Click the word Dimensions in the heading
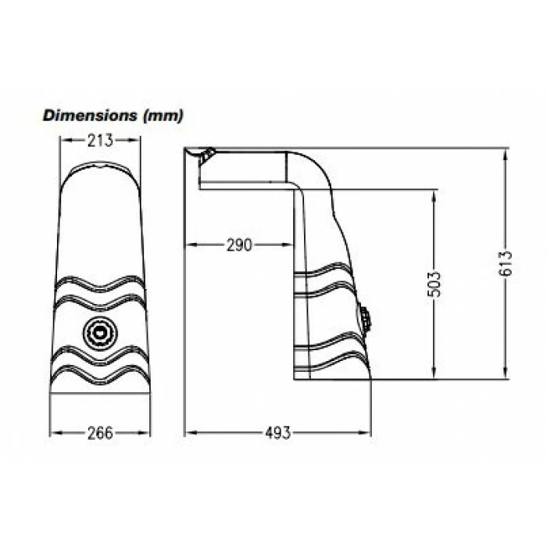pos(90,116)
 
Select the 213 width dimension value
pos(101,141)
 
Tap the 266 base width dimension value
pos(101,432)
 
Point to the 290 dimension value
pos(239,245)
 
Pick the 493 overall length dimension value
pos(277,432)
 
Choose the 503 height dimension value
pos(435,286)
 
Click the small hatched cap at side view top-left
pos(206,156)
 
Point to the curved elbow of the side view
pos(309,168)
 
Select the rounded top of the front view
pos(101,168)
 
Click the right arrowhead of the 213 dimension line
pos(137,141)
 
